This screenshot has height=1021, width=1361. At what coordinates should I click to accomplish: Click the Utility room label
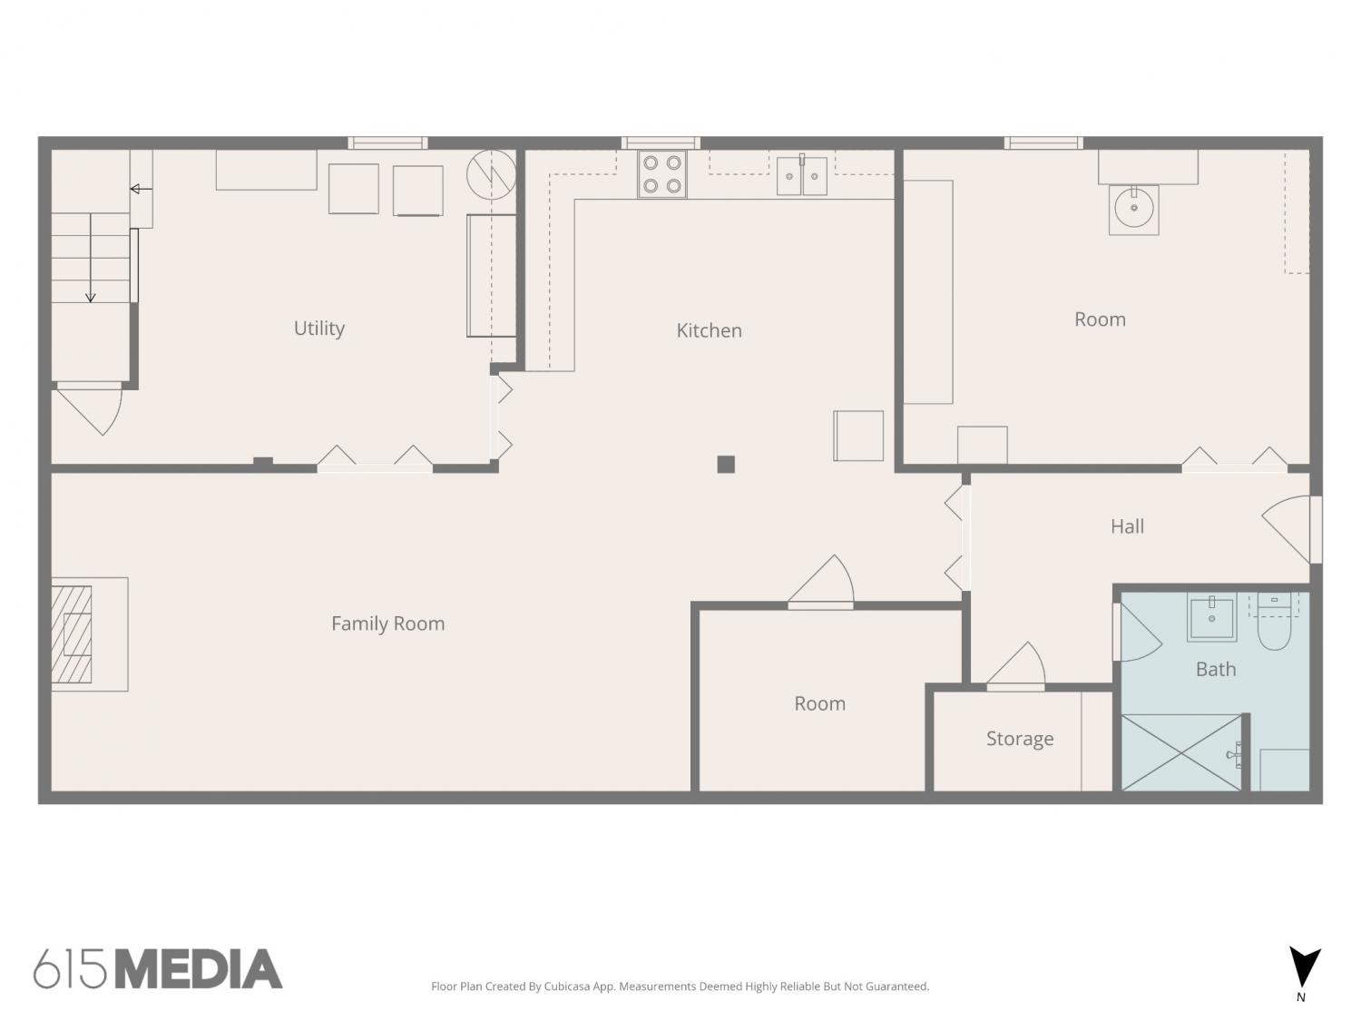(x=318, y=328)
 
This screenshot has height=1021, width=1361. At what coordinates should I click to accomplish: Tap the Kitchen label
(x=709, y=330)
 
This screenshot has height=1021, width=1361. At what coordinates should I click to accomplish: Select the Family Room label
(x=387, y=623)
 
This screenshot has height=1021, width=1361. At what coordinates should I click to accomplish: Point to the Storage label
(x=1019, y=739)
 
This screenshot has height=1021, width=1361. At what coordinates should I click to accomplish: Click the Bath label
(x=1215, y=670)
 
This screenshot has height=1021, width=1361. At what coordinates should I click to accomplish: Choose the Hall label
(x=1127, y=526)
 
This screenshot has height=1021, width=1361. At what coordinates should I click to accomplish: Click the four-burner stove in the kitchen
(x=661, y=174)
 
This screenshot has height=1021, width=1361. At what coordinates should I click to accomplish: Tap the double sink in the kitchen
(x=801, y=176)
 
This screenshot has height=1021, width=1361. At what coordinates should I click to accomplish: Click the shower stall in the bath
(x=1181, y=752)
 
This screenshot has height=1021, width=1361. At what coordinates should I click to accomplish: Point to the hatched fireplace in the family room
(x=72, y=634)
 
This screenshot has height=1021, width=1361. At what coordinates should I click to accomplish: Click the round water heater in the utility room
(x=491, y=174)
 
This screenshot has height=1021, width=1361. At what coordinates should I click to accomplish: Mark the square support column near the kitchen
(x=726, y=465)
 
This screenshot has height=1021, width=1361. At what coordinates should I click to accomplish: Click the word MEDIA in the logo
(x=199, y=968)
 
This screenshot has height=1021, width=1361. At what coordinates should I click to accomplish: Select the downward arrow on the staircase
(x=91, y=258)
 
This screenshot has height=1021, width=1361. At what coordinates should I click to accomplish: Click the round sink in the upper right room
(x=1133, y=209)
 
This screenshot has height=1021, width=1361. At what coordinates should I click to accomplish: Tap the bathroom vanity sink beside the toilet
(x=1211, y=618)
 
